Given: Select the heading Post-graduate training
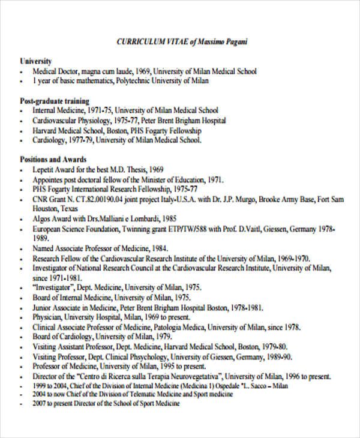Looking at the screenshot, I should pyautogui.click(x=55, y=101).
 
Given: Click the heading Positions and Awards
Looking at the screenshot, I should pyautogui.click(x=53, y=160).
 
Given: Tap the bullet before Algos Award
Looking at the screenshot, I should pyautogui.click(x=22, y=219).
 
